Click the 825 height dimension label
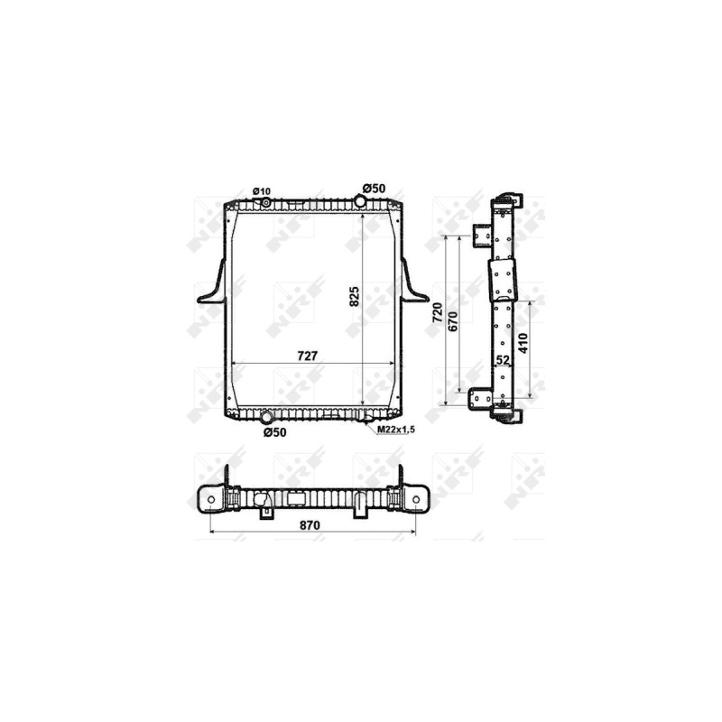354,297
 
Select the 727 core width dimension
307,356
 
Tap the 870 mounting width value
310,525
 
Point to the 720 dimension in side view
438,311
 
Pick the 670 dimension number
453,321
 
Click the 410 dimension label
523,343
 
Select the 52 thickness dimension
503,359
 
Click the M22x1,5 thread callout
396,430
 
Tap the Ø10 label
262,191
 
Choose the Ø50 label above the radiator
374,189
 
